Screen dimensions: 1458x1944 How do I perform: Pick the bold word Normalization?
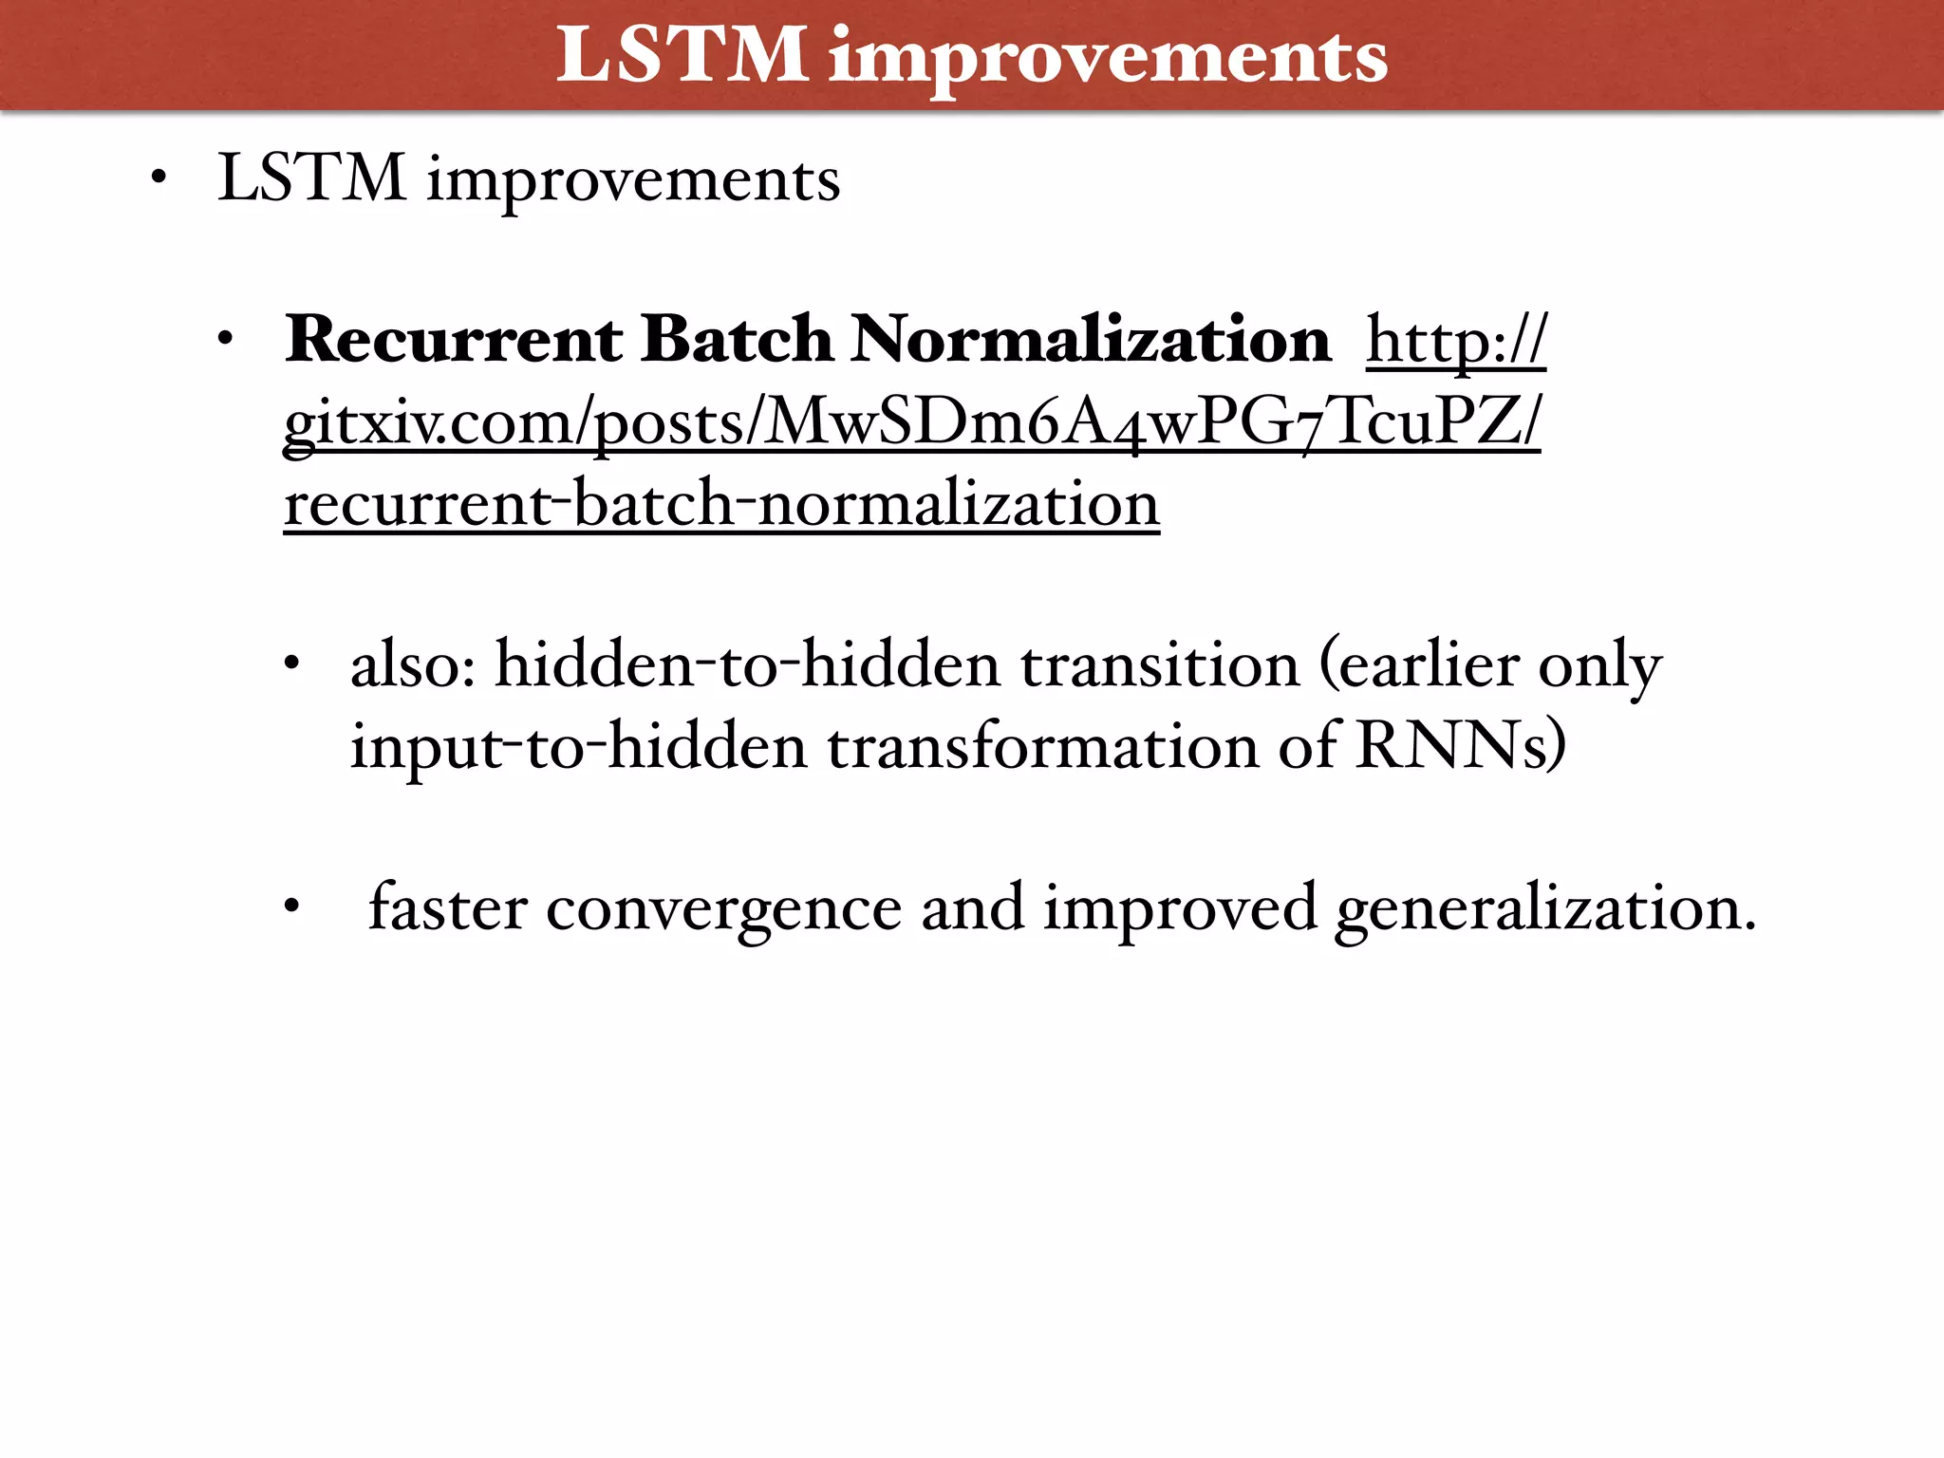point(1091,339)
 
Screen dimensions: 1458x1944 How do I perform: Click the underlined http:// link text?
point(1456,341)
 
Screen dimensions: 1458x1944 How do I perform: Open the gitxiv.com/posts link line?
point(911,421)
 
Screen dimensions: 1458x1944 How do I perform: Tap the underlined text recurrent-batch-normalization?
point(721,503)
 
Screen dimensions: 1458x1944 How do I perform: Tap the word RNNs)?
point(1461,746)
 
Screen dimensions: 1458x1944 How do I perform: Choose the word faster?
point(447,907)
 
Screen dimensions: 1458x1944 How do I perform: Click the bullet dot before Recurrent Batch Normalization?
point(225,341)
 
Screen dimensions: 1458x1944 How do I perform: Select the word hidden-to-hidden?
point(748,664)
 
